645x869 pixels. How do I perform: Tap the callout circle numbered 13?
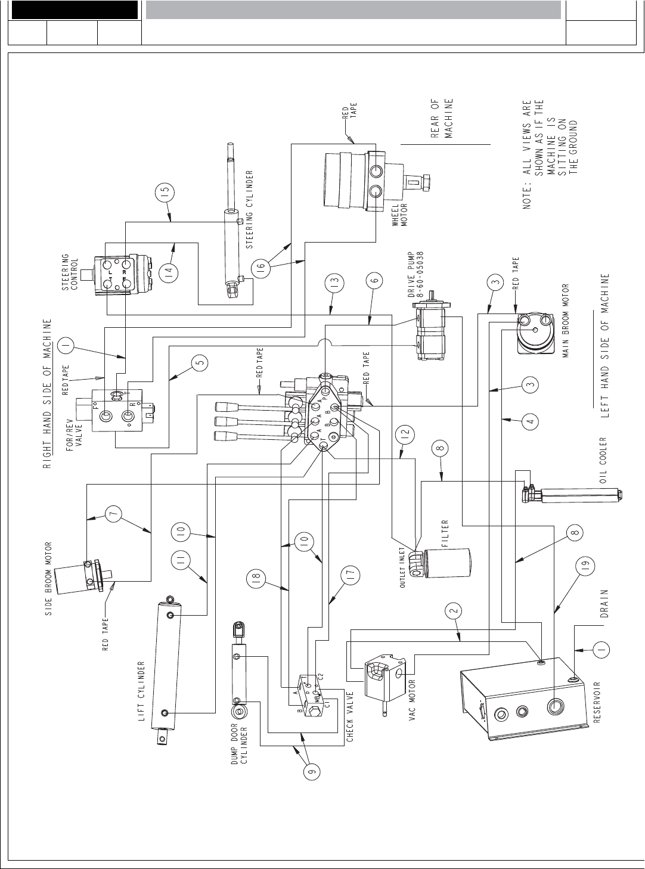(334, 281)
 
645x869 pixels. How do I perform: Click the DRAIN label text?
(604, 605)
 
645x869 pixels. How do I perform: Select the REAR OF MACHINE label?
(442, 118)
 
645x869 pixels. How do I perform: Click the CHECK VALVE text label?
(351, 716)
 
